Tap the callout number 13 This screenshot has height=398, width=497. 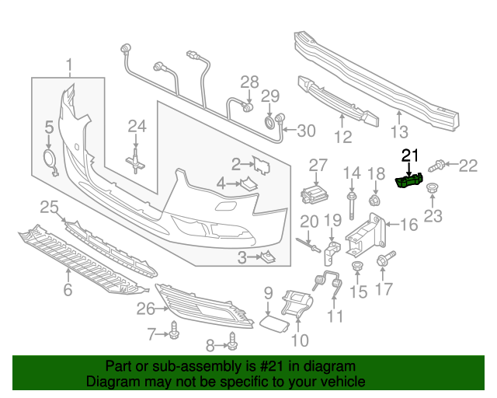tap(398, 131)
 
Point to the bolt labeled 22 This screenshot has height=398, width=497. tap(438, 164)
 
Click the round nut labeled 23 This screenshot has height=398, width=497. tap(432, 189)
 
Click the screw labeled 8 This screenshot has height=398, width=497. tap(232, 339)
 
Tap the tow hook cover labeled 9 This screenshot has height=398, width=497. tap(272, 322)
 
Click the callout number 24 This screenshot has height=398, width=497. tap(137, 126)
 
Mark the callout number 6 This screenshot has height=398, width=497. tap(68, 291)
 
